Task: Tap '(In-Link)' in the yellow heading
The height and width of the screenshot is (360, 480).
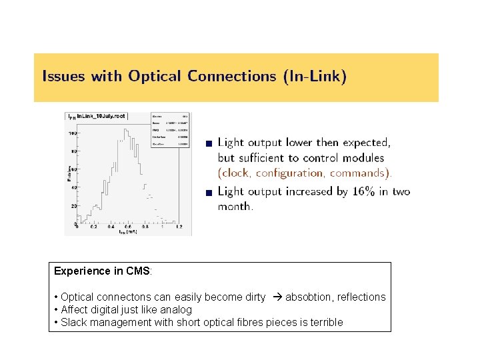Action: click(x=314, y=76)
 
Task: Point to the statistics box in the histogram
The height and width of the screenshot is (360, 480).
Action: click(x=165, y=128)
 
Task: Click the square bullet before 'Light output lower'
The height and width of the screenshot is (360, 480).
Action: click(x=209, y=143)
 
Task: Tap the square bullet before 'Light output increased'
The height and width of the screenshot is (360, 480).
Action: click(x=209, y=193)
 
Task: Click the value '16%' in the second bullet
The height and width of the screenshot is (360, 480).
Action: click(x=364, y=191)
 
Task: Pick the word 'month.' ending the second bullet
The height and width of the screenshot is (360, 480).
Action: click(x=235, y=207)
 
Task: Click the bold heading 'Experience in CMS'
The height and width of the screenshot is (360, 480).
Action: click(x=102, y=271)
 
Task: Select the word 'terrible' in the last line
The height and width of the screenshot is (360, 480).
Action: click(x=323, y=322)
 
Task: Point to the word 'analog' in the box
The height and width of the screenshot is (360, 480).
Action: click(x=175, y=309)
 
